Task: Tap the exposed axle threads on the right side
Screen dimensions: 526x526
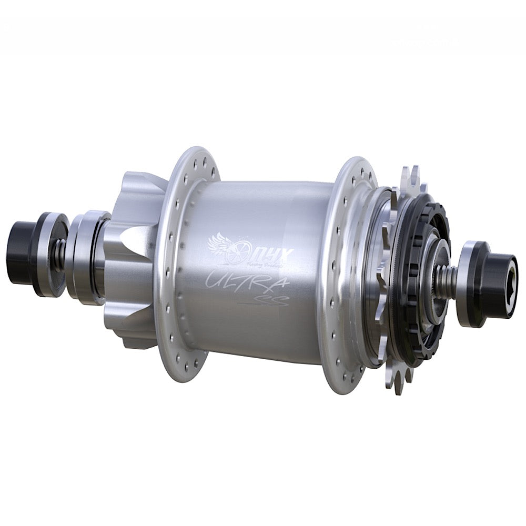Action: click(447, 279)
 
